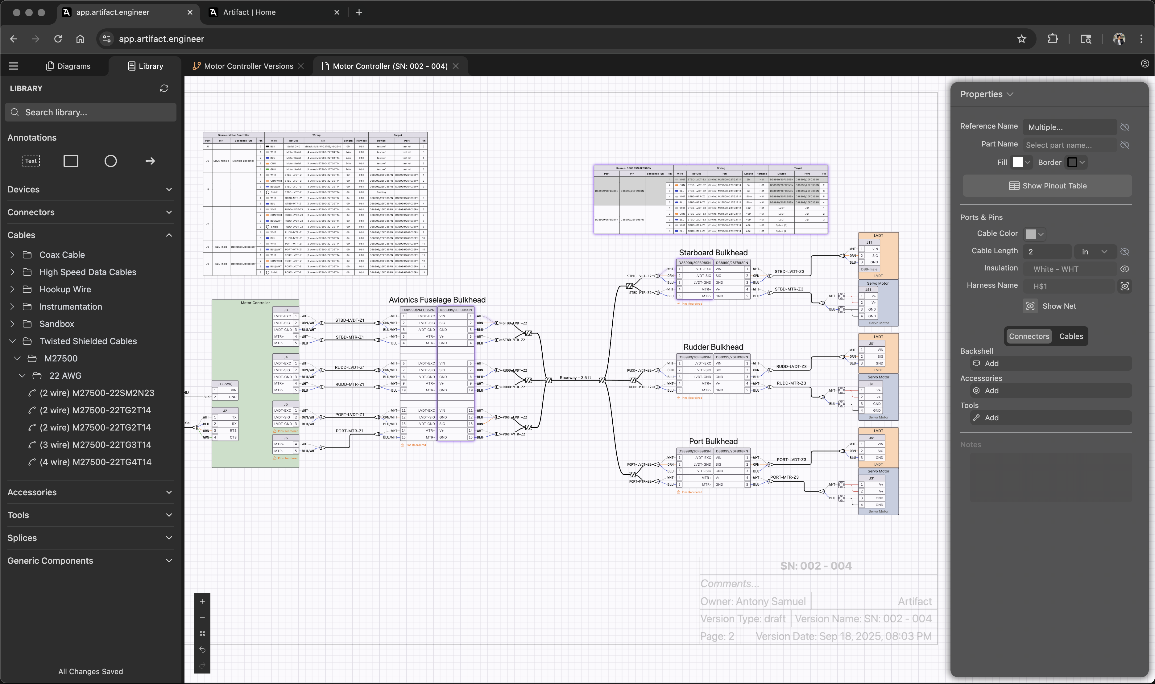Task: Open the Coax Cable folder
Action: click(x=62, y=255)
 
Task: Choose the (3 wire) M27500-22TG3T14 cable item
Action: click(x=95, y=445)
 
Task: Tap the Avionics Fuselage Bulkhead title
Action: click(x=437, y=299)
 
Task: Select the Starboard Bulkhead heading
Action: click(x=713, y=253)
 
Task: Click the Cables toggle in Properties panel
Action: click(x=1070, y=336)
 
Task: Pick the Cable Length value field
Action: click(x=1047, y=252)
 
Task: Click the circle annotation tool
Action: click(x=111, y=161)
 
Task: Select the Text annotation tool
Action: click(x=31, y=161)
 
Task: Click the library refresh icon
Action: click(x=164, y=88)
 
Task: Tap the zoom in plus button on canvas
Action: click(x=202, y=601)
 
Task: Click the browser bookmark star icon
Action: click(x=1021, y=39)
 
